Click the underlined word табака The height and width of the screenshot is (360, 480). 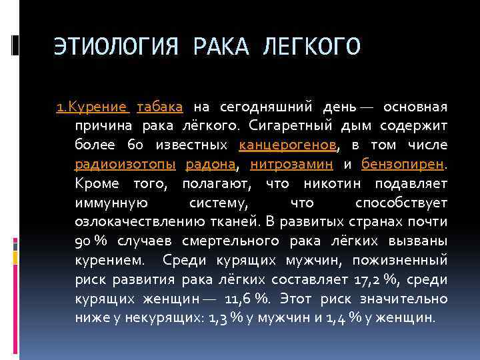[160, 107]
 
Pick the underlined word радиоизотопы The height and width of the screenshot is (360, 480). [125, 164]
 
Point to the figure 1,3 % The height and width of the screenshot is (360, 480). [224, 318]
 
